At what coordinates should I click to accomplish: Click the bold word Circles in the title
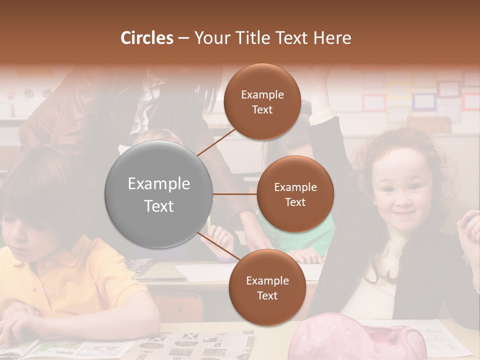147,38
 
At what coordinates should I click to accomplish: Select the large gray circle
159,194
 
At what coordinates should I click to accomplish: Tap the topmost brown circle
262,102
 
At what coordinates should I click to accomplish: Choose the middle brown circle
295,194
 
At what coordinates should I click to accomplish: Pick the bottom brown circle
267,288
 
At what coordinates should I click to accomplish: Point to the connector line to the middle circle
235,194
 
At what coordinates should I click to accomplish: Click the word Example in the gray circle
159,183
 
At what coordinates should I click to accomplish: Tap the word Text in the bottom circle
267,295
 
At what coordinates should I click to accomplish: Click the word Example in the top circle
262,94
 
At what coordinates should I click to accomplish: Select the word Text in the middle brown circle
295,202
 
